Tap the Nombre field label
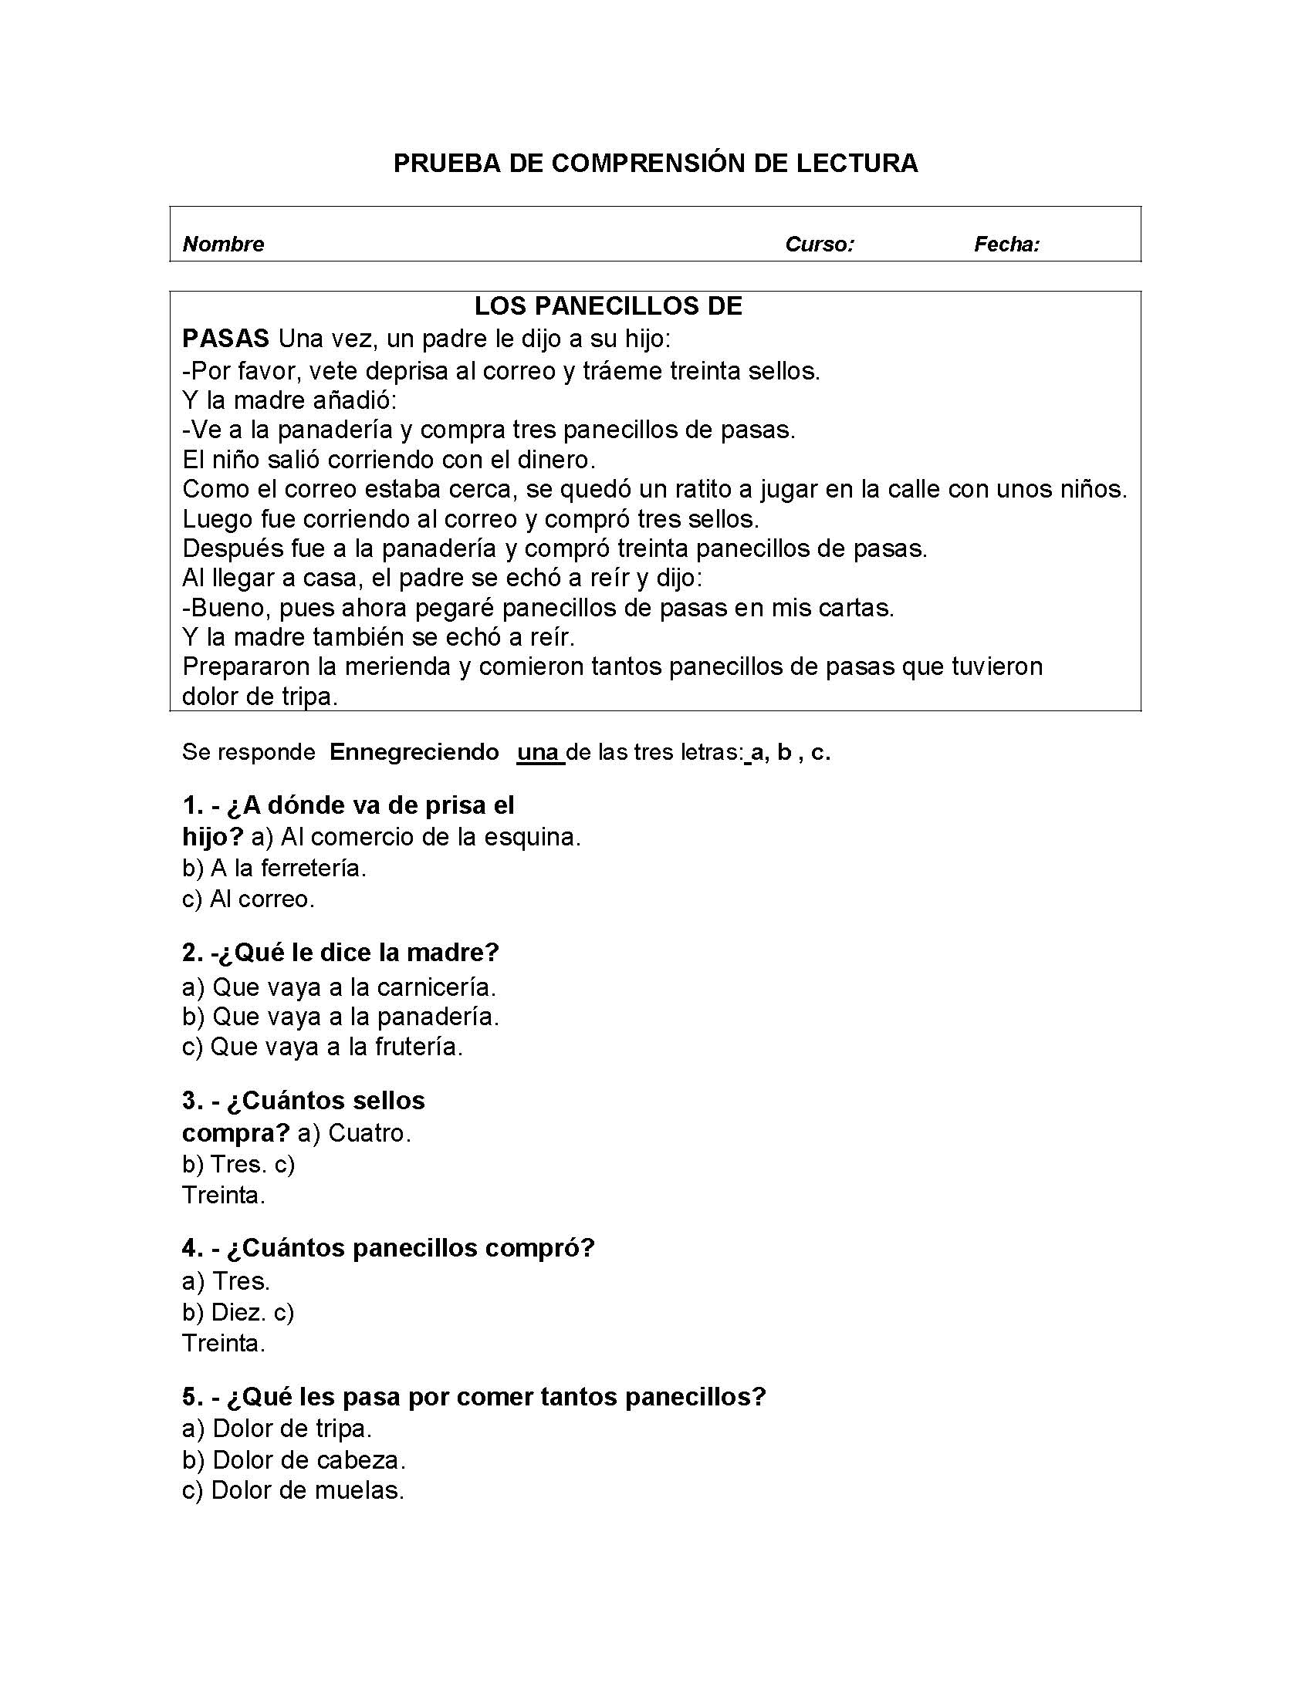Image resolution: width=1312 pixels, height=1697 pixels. point(223,245)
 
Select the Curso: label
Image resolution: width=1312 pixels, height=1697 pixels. point(819,245)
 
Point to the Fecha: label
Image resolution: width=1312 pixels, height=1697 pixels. point(1006,245)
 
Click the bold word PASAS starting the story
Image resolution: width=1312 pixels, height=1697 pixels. point(225,339)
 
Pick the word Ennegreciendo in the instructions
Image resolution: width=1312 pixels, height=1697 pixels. point(414,752)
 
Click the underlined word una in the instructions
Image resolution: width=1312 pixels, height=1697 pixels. point(539,752)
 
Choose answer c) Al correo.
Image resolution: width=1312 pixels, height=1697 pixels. point(248,899)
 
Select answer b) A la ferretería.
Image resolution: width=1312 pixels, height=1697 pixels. point(274,868)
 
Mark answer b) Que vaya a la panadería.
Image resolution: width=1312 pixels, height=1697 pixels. point(340,1017)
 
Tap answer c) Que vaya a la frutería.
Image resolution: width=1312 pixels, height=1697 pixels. point(322,1047)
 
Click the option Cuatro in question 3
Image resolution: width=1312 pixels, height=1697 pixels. point(369,1133)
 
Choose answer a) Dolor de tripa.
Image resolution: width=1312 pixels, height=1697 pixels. point(277,1428)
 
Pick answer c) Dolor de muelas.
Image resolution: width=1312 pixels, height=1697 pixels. point(293,1490)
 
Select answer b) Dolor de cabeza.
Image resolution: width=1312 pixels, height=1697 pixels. point(294,1460)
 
